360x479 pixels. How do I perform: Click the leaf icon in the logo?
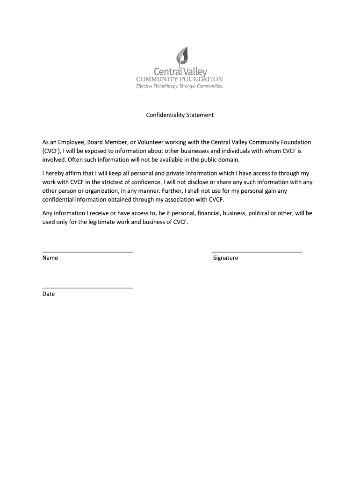tap(182, 57)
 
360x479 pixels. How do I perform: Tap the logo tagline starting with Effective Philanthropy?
tap(180, 86)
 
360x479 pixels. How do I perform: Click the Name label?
tap(50, 258)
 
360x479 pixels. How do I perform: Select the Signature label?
tap(225, 258)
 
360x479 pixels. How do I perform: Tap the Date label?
tap(49, 294)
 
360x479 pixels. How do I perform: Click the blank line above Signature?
tap(257, 252)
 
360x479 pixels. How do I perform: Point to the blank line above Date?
tap(87, 288)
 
